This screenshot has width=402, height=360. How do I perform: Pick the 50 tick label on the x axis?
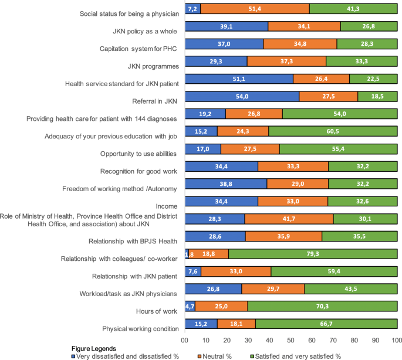pos(290,340)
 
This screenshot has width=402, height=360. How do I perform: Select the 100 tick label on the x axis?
pos(396,340)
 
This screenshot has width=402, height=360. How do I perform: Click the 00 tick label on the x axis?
pos(184,340)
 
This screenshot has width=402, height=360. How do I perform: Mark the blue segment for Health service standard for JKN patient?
pos(238,79)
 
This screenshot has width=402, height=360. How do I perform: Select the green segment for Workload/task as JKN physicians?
pos(350,288)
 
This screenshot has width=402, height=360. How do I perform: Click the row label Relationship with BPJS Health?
pos(133,241)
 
